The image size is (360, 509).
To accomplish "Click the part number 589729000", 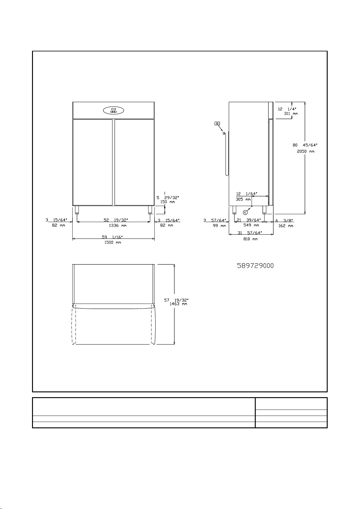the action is (255, 266).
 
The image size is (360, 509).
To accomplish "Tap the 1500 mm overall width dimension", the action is (112, 242).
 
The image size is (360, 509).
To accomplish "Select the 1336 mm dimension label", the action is (118, 225).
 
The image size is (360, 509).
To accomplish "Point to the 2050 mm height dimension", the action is (306, 151).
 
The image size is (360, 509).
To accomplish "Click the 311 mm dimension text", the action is (291, 114).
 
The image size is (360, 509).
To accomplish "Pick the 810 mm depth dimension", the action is (251, 239).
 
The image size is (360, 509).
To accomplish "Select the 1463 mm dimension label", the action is (178, 304).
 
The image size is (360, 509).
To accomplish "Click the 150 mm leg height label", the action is (167, 202).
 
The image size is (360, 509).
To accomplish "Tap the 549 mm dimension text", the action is (251, 225).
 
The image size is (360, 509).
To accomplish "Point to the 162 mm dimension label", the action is (286, 226).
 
